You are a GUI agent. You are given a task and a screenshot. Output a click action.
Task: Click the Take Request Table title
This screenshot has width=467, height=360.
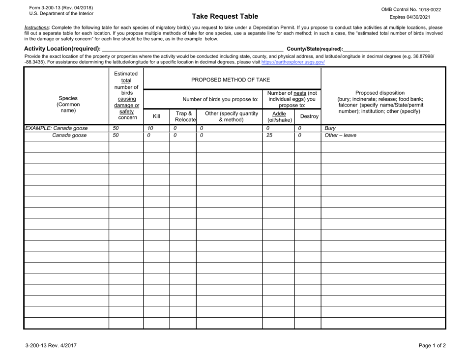(x=225, y=16)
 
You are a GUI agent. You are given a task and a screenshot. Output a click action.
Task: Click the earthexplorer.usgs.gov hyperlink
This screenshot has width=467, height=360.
(x=293, y=62)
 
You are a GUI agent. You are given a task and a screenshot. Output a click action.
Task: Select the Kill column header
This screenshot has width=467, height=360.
(x=156, y=116)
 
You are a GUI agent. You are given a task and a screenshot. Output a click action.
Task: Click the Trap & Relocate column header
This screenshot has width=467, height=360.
(x=183, y=116)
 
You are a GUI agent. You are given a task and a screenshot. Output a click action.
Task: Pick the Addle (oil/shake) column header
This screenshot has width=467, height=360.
(x=278, y=116)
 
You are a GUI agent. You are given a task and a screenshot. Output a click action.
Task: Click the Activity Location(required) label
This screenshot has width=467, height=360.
(x=62, y=49)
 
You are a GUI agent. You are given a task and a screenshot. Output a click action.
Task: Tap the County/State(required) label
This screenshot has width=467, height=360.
(x=315, y=49)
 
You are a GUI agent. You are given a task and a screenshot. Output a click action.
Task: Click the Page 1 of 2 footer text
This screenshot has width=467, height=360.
(x=432, y=345)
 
